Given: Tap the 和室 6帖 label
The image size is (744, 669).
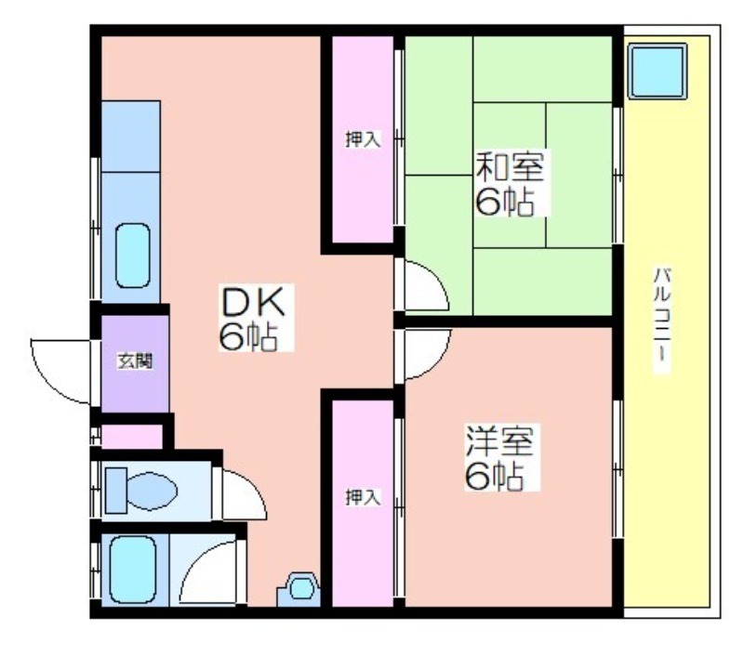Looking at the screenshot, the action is click(x=511, y=182).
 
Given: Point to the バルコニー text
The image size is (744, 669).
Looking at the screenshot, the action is click(x=662, y=321).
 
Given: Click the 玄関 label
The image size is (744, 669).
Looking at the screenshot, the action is click(x=135, y=361).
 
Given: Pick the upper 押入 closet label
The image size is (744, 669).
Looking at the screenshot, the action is click(x=363, y=139).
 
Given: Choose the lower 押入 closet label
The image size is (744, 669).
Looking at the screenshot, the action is click(x=363, y=497).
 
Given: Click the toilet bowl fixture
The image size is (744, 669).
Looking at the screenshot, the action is click(x=152, y=491).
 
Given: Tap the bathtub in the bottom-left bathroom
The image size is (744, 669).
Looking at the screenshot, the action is click(x=133, y=570).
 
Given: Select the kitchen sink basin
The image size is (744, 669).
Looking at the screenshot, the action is click(x=133, y=256).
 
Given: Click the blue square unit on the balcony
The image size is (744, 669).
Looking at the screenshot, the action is click(x=658, y=71).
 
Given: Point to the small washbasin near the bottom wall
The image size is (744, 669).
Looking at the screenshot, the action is click(x=299, y=589).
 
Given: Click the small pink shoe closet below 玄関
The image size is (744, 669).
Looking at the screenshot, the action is click(x=132, y=437).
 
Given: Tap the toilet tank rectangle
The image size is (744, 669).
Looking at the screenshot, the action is click(x=115, y=491).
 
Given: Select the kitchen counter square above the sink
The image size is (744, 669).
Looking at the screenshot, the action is click(x=130, y=137).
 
